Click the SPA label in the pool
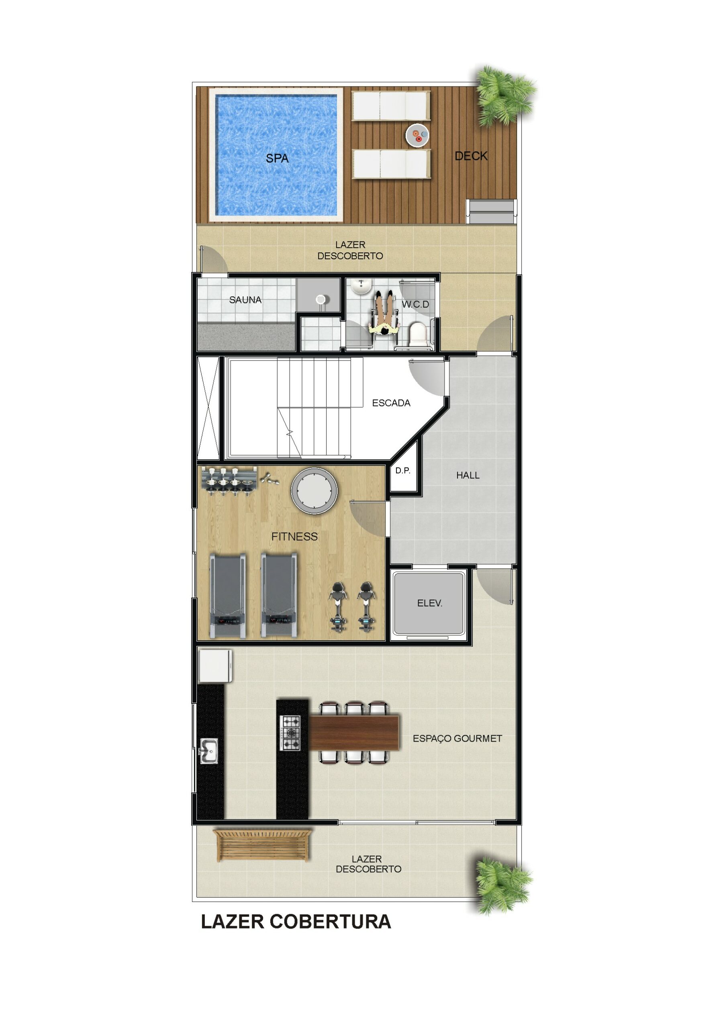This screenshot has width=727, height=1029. [277, 158]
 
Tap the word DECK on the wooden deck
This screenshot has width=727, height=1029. [471, 156]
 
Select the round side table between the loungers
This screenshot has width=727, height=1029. [417, 135]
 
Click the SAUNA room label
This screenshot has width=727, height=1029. [245, 300]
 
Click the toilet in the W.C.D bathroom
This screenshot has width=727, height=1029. [419, 334]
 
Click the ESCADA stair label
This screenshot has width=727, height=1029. [391, 403]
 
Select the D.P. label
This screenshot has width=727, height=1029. [403, 471]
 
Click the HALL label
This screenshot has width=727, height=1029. [468, 475]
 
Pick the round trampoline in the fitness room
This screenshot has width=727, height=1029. [314, 491]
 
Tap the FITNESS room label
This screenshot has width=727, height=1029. [294, 537]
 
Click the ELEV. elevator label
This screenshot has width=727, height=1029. [429, 603]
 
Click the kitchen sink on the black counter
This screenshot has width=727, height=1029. [209, 751]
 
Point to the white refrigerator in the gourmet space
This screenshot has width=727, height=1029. [215, 666]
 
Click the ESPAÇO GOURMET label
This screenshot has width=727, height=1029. [457, 738]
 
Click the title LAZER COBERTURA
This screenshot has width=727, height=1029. [296, 922]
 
